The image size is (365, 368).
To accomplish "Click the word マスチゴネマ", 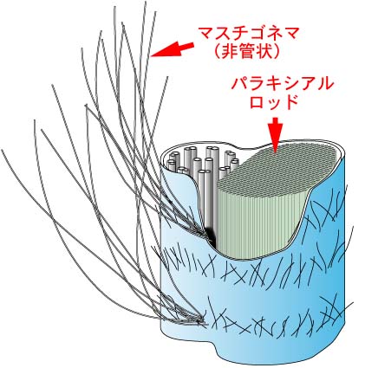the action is point(249,34).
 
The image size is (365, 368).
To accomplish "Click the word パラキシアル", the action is point(282,84).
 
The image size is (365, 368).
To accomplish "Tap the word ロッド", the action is point(274,101).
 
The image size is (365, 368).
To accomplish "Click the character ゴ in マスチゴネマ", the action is point(249,34).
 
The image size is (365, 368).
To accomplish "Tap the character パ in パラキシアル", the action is point(240,84).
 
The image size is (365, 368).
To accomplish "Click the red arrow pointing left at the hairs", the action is point(173,49).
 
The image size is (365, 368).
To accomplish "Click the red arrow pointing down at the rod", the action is point(275,134).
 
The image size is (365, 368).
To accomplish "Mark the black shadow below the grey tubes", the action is point(212,236).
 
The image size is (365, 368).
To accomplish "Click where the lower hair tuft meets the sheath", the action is point(200,320).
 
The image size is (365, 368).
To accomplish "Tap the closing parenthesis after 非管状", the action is point(275,51).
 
